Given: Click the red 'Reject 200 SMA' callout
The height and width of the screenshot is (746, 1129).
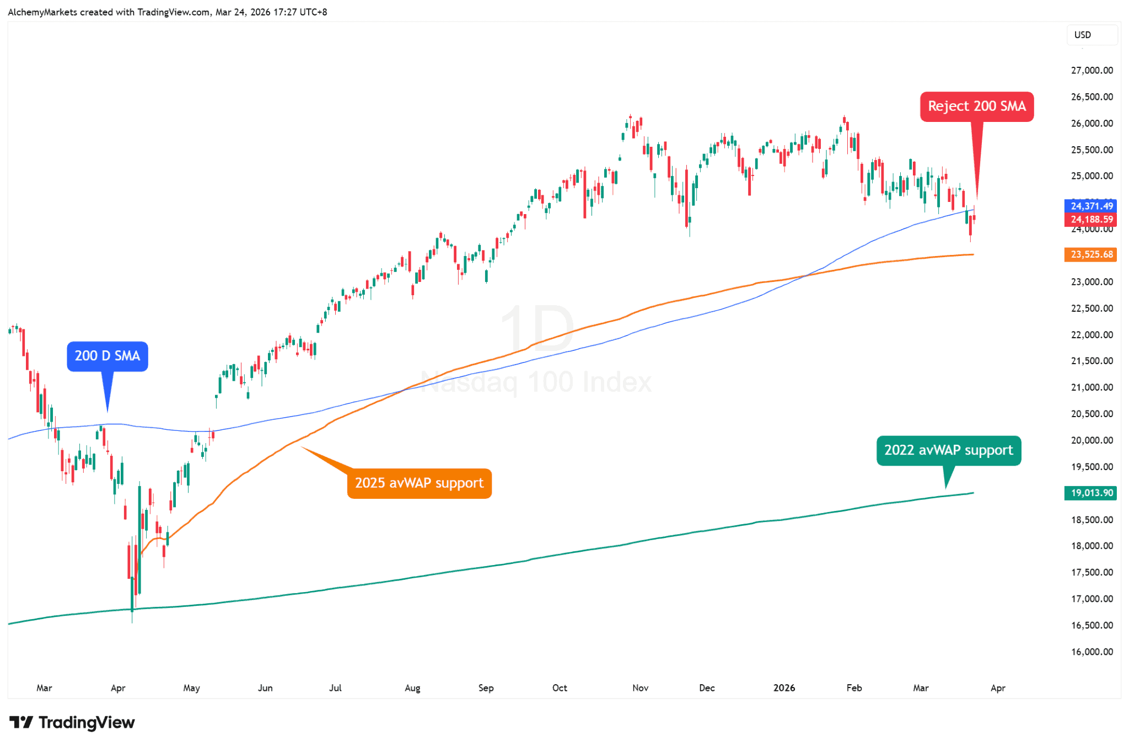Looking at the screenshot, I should [976, 106].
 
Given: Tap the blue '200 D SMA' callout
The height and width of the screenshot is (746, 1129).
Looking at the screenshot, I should [107, 356].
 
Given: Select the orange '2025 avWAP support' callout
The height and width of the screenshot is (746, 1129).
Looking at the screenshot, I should [419, 483].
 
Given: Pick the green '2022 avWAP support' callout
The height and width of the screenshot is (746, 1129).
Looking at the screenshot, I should [948, 450].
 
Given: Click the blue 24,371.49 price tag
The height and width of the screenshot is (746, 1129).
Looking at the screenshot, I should [1091, 206].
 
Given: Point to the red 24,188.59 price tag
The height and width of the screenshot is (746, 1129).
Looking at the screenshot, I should [1091, 220].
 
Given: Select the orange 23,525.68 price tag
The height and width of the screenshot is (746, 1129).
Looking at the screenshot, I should [1091, 254].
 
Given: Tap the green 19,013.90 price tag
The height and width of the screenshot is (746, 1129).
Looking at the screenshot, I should [1091, 493].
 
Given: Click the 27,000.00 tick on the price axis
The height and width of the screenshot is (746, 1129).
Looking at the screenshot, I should [1092, 71].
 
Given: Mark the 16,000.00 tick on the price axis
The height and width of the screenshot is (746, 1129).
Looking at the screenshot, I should [1092, 652].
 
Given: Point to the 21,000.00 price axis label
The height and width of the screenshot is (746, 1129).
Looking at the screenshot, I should [1092, 387].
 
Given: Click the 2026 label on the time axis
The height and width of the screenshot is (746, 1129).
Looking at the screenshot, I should [784, 688].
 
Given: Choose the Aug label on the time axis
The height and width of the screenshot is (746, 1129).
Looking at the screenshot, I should [412, 688].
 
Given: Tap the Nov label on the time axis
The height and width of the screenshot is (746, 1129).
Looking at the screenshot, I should [640, 688].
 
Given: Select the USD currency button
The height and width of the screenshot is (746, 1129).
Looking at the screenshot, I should [1083, 35].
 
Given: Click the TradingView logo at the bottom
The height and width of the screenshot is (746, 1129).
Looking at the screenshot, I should [72, 722].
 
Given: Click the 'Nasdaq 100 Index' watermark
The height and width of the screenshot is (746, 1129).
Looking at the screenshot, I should [536, 382].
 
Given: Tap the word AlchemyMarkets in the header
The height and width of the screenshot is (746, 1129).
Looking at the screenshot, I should [42, 12].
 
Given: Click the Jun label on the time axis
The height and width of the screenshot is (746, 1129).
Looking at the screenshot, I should [265, 688].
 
